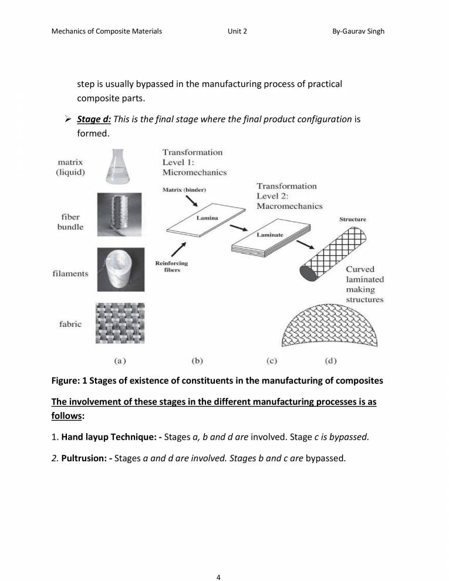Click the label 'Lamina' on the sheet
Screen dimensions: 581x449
(207, 218)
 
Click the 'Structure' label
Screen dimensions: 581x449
(353, 219)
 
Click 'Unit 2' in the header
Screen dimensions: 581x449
(237, 31)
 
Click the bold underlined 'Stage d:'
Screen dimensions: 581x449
(94, 119)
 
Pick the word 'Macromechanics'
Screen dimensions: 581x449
(290, 207)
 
